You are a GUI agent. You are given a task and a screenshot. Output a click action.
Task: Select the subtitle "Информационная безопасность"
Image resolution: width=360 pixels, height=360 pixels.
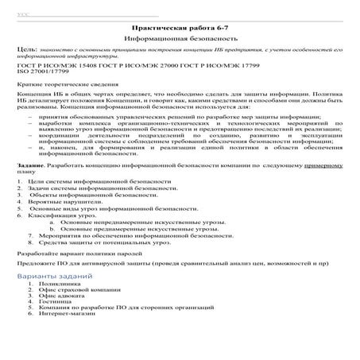click(180, 38)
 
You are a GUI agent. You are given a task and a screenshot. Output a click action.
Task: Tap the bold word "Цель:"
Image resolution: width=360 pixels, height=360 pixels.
click(26, 50)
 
